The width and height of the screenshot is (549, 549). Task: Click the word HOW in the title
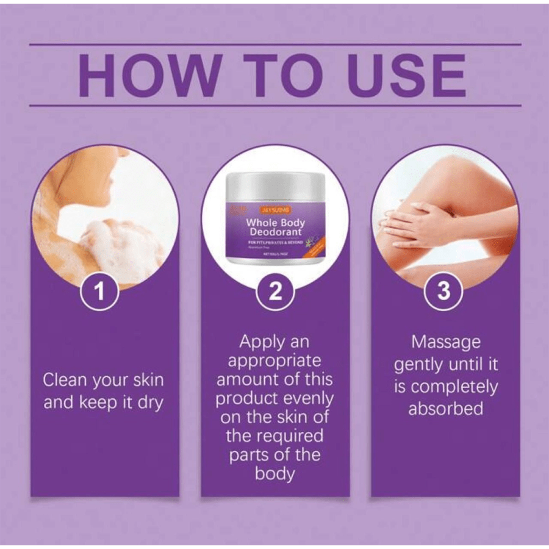point(149,76)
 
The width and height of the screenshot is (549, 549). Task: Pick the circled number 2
point(275,292)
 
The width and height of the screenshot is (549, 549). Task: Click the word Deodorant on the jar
point(275,233)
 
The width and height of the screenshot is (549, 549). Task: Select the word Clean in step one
point(65,381)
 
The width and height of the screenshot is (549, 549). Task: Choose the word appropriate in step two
point(275,361)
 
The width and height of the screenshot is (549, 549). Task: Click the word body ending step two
point(275,473)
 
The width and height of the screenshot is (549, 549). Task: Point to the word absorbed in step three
point(445,408)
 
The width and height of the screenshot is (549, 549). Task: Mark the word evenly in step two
point(308,398)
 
